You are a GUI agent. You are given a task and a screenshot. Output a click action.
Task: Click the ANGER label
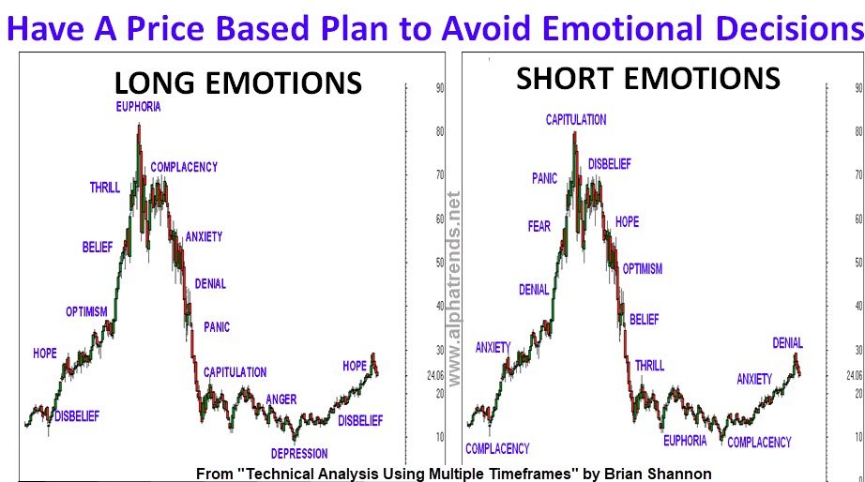pos(281,399)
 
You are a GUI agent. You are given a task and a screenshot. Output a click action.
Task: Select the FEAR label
pos(539,226)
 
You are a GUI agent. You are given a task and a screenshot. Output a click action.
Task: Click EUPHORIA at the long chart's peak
pos(138,107)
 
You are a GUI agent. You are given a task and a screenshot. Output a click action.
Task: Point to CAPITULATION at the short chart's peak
pos(576,120)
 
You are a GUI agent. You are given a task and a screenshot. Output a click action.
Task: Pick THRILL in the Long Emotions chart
pos(105,188)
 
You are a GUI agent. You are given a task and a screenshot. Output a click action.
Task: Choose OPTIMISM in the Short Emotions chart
pos(642,269)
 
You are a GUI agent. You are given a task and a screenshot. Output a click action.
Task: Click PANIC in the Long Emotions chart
pos(217,327)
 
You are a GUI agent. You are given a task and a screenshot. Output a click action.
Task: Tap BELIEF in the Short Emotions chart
pos(645,320)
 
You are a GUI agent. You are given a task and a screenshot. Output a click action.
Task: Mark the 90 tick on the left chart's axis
pos(439,88)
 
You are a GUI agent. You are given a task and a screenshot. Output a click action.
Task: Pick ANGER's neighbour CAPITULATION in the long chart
pos(235,372)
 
